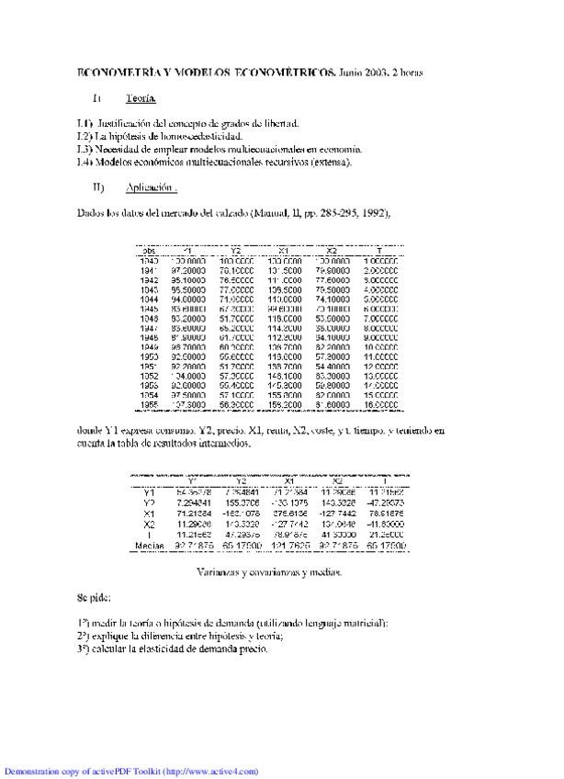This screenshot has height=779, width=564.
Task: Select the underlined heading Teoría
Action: (x=141, y=97)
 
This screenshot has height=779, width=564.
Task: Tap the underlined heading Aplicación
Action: (x=148, y=187)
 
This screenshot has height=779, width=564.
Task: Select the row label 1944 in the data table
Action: (x=147, y=299)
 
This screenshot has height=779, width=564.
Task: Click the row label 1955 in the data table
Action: (x=147, y=404)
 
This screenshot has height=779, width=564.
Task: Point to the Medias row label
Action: (x=145, y=546)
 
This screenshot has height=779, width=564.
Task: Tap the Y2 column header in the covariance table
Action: (x=241, y=480)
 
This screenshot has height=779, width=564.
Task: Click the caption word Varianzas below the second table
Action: (x=219, y=571)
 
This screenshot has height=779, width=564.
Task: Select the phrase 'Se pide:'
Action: (x=94, y=598)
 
